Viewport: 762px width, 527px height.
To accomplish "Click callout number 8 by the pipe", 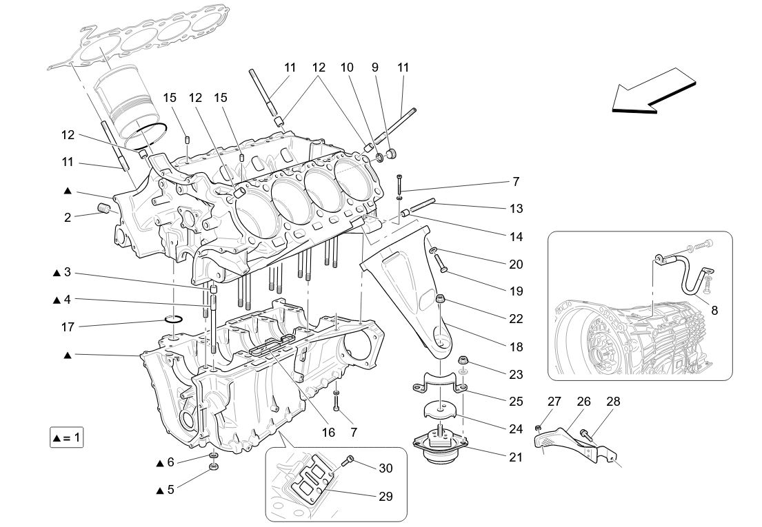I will click(x=714, y=311).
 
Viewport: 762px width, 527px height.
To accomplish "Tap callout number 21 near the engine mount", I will click(x=516, y=456).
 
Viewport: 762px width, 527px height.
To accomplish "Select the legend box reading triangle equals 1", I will click(x=67, y=438).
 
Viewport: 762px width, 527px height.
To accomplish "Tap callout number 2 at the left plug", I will click(x=68, y=218).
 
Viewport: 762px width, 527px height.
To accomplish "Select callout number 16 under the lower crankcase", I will click(x=328, y=433).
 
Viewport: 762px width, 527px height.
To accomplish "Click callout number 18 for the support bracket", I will click(x=516, y=347).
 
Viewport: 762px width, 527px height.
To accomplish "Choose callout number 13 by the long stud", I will click(x=516, y=208).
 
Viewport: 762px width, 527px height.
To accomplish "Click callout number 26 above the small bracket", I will click(x=584, y=401).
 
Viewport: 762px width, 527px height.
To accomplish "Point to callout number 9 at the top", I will click(x=375, y=68).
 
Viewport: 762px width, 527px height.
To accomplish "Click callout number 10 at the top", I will click(x=347, y=68).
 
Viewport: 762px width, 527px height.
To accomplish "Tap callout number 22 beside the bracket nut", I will click(x=516, y=319).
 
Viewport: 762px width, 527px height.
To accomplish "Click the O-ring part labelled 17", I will click(x=173, y=318).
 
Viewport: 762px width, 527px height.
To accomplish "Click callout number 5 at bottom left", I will click(x=170, y=490).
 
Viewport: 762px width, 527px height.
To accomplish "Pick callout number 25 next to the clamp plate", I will click(x=516, y=401).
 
